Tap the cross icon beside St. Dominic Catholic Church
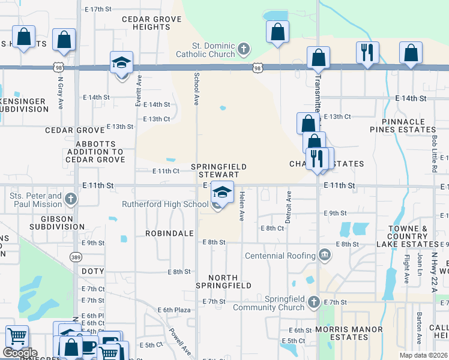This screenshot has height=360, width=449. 243,48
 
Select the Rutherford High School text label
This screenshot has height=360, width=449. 165,205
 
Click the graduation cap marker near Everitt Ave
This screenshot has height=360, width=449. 121,63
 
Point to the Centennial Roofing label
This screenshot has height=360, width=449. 281,256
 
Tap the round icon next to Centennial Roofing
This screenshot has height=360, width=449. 325,256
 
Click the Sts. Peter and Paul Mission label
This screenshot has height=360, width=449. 36,200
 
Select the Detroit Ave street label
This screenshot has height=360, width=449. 288,207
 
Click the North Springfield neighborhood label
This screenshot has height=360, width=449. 231,281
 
